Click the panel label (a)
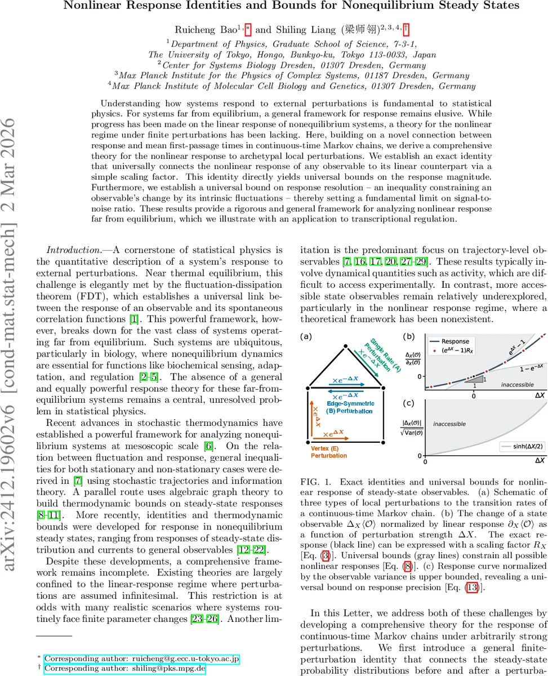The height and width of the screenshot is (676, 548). pos(307,337)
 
